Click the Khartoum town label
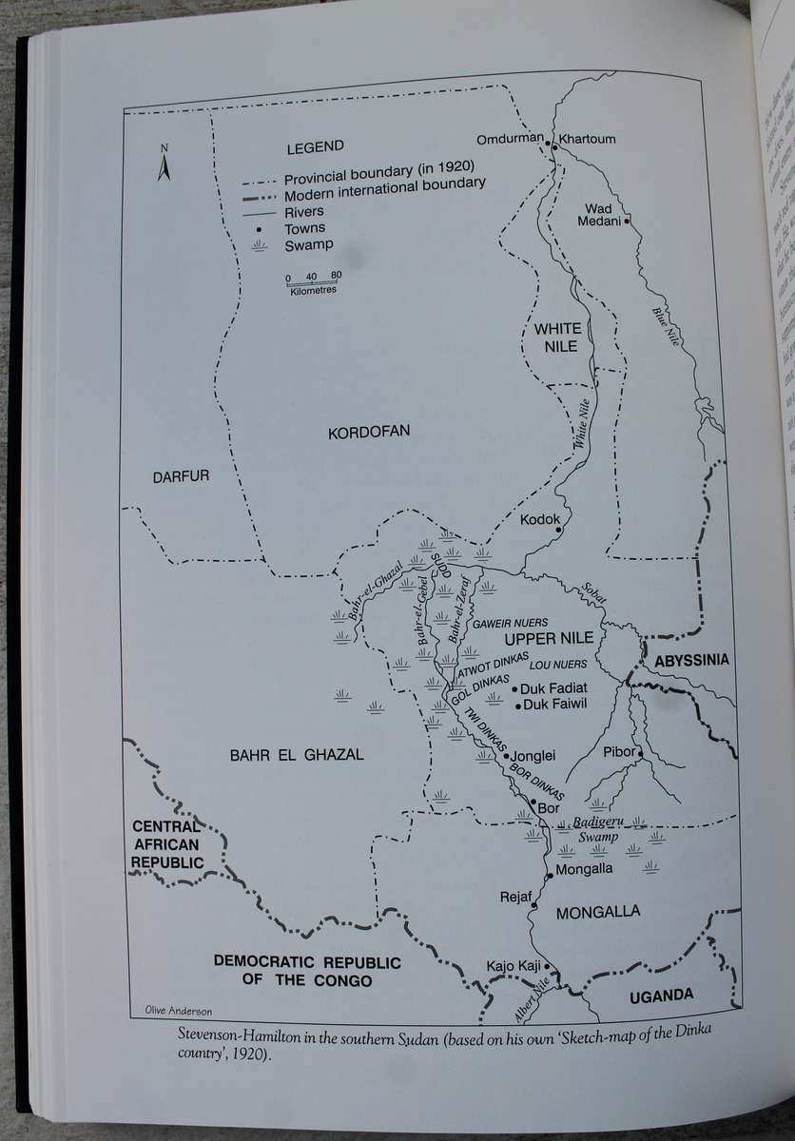(x=588, y=139)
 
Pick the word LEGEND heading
(x=315, y=146)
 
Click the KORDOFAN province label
(x=369, y=432)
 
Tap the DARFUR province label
(x=181, y=477)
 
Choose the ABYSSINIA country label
(x=691, y=660)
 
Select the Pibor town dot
(x=641, y=753)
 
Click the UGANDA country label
(x=661, y=996)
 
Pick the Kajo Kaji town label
(x=514, y=966)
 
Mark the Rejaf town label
(x=514, y=897)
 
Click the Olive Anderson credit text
(x=178, y=1010)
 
